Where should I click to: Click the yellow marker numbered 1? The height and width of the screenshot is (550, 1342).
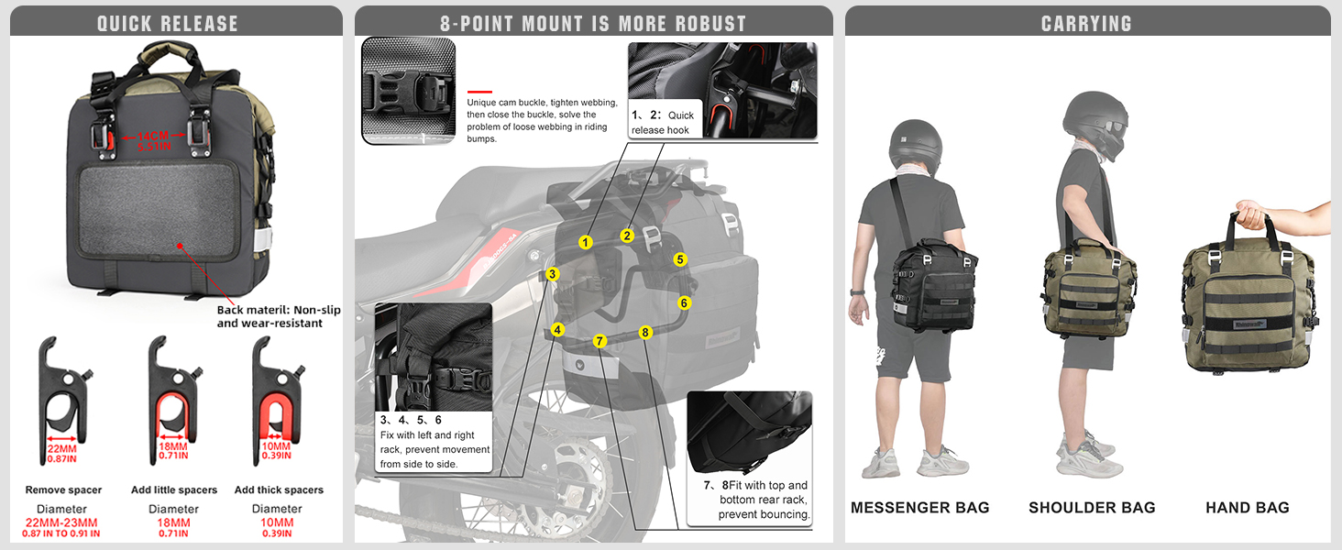pyautogui.click(x=586, y=243)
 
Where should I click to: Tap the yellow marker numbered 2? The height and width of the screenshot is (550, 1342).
pyautogui.click(x=627, y=236)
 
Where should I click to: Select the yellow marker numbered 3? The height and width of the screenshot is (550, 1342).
pyautogui.click(x=552, y=274)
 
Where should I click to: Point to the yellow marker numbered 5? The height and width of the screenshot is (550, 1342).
pyautogui.click(x=679, y=259)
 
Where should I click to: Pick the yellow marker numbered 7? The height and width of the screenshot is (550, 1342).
pyautogui.click(x=599, y=341)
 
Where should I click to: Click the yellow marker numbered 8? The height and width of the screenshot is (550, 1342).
pyautogui.click(x=645, y=332)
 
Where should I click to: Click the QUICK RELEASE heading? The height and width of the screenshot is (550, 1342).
pyautogui.click(x=168, y=24)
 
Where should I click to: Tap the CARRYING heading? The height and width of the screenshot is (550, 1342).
pyautogui.click(x=1086, y=24)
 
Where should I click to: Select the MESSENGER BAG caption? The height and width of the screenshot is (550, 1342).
pyautogui.click(x=919, y=508)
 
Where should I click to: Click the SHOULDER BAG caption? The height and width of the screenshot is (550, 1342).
pyautogui.click(x=1092, y=508)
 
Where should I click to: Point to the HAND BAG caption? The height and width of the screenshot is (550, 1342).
pyautogui.click(x=1247, y=508)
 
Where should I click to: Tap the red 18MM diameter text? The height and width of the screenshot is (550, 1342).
pyautogui.click(x=173, y=522)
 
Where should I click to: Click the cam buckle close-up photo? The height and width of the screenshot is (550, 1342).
pyautogui.click(x=408, y=91)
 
